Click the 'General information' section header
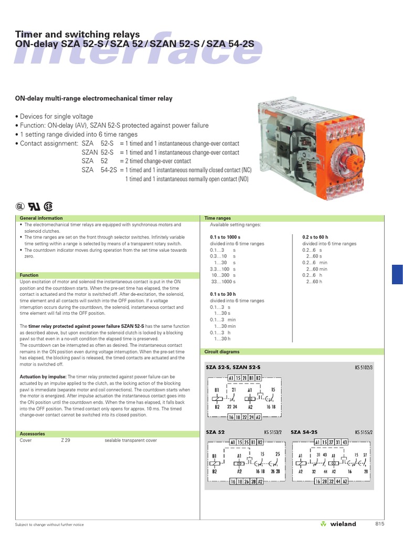point(41,218)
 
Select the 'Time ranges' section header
point(217,218)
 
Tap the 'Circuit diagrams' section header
point(222,351)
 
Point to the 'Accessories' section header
point(32,434)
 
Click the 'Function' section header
point(29,275)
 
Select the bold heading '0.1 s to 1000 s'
point(225,237)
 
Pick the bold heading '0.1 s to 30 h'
point(223,294)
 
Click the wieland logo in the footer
point(338,524)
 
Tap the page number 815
point(380,524)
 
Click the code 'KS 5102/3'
point(363,367)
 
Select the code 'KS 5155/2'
point(363,432)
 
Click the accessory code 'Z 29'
point(66,440)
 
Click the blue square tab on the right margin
point(397,275)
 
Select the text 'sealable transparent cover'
point(131,440)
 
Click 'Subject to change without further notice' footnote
point(49,524)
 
